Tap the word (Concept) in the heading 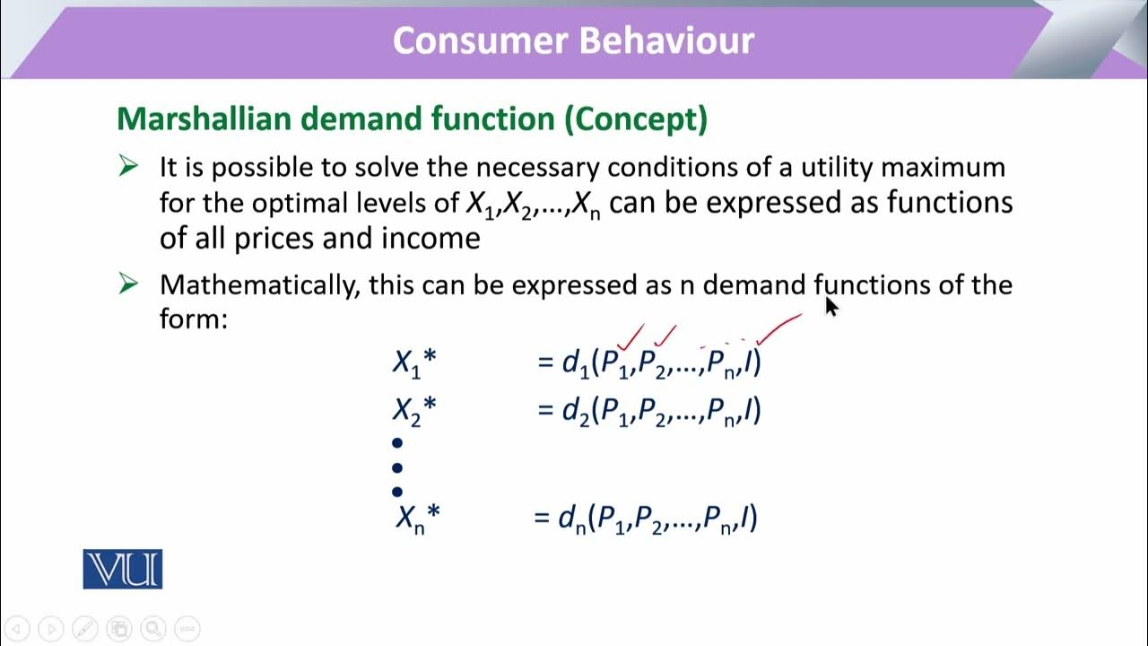click(635, 118)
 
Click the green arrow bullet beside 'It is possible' click(128, 167)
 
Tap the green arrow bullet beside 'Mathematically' click(128, 284)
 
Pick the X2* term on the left click(413, 410)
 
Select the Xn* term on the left click(417, 518)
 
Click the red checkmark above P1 click(631, 337)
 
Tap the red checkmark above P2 click(665, 336)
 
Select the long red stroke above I click(779, 328)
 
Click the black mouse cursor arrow click(831, 307)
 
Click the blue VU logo click(123, 569)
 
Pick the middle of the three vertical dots click(397, 467)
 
